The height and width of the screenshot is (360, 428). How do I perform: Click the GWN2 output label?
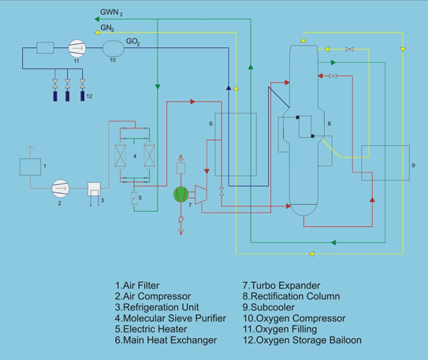point(111,13)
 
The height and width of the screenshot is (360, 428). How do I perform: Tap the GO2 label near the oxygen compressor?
point(133,42)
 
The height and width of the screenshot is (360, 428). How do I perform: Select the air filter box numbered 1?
point(30,167)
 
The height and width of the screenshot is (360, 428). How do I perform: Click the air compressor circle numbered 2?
point(61,188)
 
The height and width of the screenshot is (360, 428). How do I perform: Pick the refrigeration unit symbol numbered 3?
point(94,189)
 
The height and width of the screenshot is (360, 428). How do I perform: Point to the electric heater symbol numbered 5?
point(134,198)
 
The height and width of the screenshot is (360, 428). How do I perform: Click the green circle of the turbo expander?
point(181,195)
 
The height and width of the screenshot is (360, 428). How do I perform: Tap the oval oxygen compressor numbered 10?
point(114,49)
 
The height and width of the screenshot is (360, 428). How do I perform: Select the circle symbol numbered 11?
point(77,48)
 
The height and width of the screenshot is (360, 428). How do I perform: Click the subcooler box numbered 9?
point(385,163)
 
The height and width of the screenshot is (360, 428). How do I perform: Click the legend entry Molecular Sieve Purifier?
point(170,318)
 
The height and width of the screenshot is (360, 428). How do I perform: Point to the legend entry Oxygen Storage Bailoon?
point(302,340)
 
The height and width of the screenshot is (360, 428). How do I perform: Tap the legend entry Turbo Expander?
point(281,285)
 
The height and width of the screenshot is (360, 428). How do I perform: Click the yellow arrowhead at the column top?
point(303,40)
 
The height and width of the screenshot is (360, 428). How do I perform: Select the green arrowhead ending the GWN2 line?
point(97,19)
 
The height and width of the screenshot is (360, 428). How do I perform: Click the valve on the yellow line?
point(349,50)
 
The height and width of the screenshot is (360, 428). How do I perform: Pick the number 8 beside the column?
point(329,124)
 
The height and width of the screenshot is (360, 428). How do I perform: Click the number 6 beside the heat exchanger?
point(210,124)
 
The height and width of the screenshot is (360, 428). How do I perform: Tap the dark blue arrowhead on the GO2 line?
point(229,87)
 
